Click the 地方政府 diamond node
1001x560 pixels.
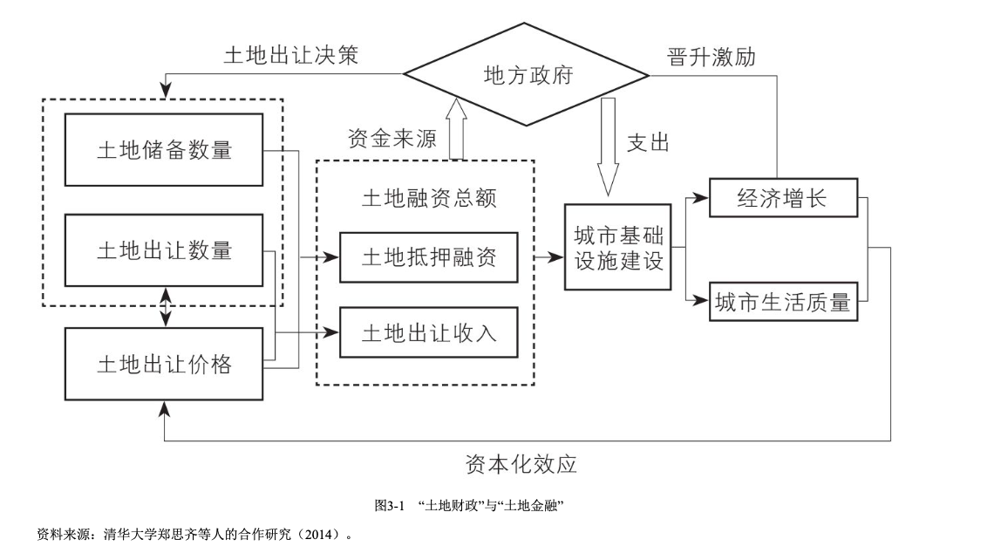coord(527,76)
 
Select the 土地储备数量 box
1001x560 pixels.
coord(164,149)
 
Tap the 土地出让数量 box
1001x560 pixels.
coord(164,250)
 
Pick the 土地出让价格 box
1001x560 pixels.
coord(164,364)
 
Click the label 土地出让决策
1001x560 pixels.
coord(290,56)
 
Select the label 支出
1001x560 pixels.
coord(647,142)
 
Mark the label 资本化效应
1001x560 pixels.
coord(521,463)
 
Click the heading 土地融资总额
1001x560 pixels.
coord(428,198)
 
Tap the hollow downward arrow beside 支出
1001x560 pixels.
coord(608,145)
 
